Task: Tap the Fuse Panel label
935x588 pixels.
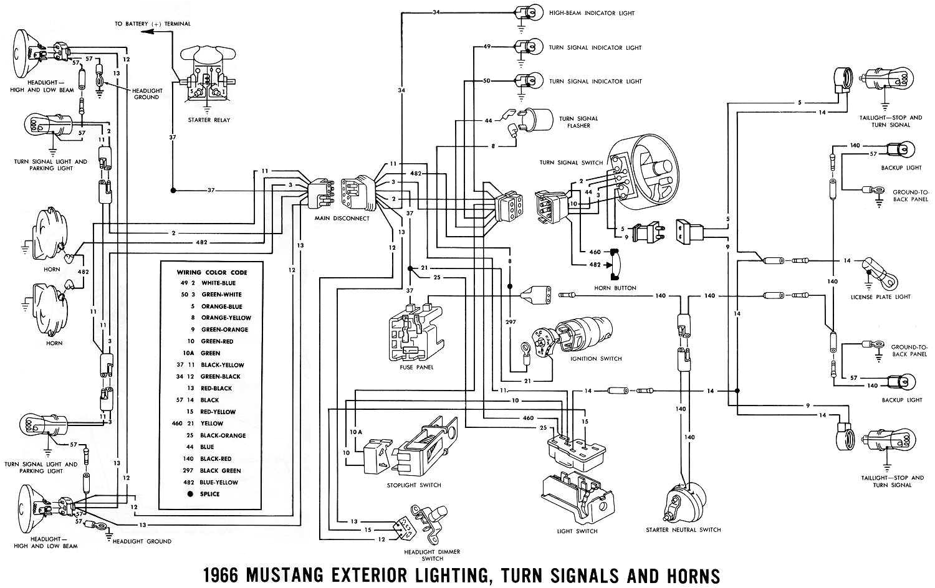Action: point(418,367)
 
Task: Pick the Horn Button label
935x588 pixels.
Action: point(616,288)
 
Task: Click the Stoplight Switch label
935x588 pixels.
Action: point(413,485)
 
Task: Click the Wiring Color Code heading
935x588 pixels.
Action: point(212,272)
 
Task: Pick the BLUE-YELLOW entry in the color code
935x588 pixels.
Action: point(219,482)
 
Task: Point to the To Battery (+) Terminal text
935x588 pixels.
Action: point(152,24)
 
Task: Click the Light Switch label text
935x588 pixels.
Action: point(577,531)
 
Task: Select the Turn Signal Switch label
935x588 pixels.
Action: point(571,163)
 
